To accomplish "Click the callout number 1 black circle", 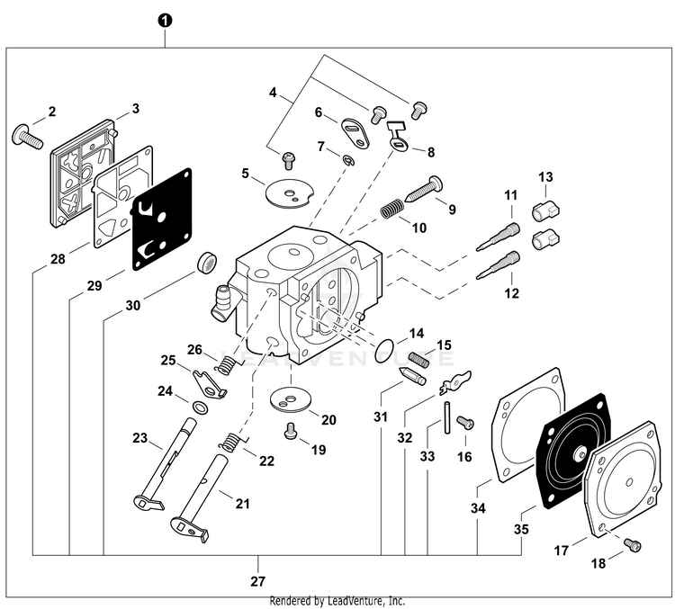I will (164, 20).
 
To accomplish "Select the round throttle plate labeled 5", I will (283, 187).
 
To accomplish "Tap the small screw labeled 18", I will (633, 545).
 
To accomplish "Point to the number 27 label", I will (259, 581).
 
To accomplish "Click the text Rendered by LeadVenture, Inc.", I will (337, 601).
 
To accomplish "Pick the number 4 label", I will (273, 92).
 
